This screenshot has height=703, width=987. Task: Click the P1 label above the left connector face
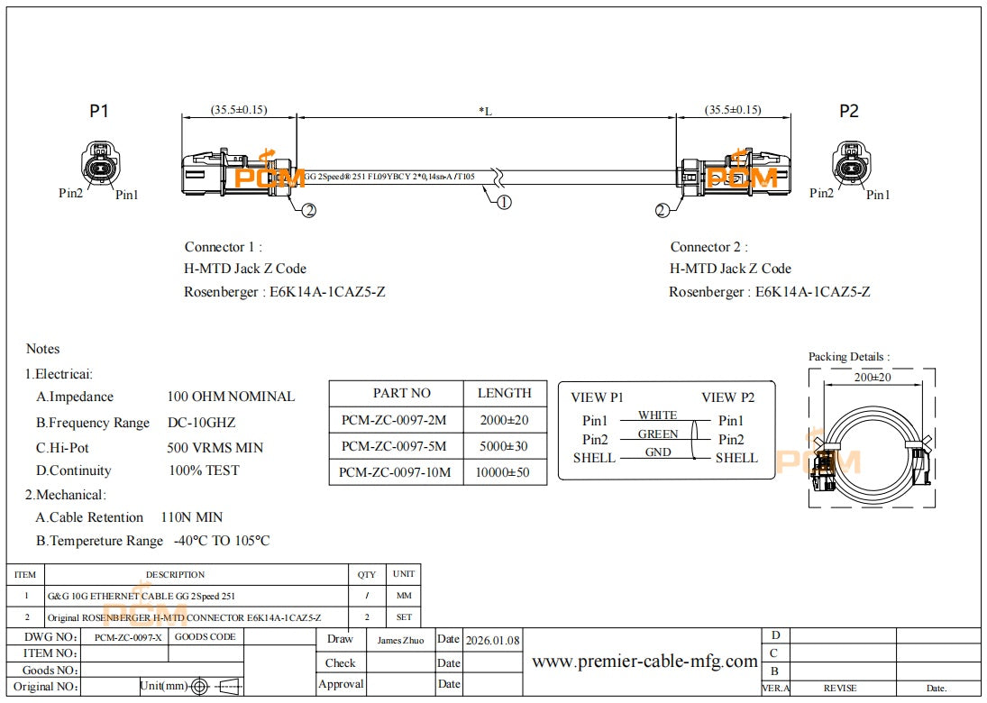click(99, 111)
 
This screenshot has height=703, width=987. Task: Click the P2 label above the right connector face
click(849, 111)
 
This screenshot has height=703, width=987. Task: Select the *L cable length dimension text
click(486, 111)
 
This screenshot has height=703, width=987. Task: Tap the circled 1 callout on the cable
click(505, 202)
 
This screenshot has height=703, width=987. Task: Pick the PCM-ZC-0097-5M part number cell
click(394, 446)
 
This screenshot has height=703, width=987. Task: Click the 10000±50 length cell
click(504, 471)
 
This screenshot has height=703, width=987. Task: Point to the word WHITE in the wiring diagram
click(657, 415)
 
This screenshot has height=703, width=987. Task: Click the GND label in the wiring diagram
click(658, 452)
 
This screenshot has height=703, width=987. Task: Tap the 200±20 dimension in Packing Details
click(872, 378)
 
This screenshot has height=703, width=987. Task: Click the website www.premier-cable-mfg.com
click(644, 662)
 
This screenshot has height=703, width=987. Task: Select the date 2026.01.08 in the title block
click(492, 641)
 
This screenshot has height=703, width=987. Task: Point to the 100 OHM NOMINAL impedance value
click(231, 397)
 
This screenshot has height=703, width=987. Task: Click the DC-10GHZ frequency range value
click(202, 423)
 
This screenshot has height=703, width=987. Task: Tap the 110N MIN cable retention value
click(191, 517)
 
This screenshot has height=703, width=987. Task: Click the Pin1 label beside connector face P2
click(878, 195)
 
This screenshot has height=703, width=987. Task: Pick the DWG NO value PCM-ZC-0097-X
click(128, 637)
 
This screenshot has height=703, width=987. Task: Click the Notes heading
click(42, 349)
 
